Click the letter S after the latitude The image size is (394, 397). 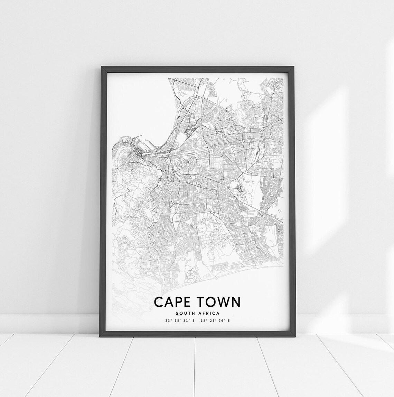[194, 321]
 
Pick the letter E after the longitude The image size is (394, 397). [229, 321]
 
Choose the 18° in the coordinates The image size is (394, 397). [204, 321]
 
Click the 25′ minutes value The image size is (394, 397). [212, 321]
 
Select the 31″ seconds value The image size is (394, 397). [186, 321]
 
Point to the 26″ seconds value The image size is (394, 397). [221, 321]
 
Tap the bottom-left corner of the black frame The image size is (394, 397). [101, 337]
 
